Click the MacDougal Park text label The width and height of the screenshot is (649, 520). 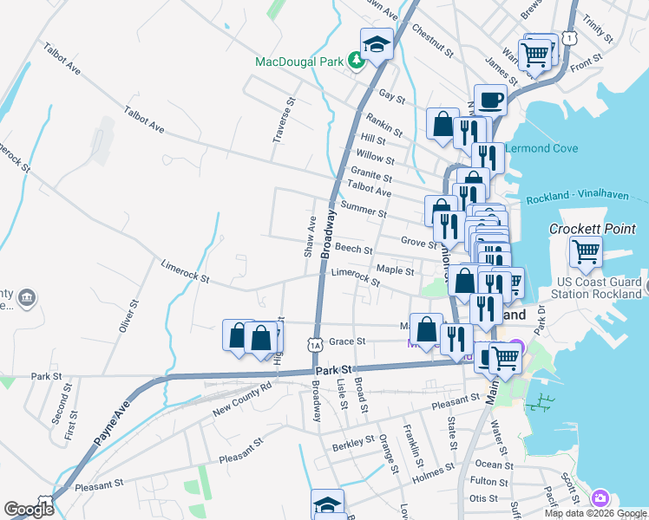point(299,62)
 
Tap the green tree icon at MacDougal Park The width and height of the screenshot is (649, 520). point(355,61)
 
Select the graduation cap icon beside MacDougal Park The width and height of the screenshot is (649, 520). point(377,43)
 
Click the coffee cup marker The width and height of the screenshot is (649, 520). point(490,100)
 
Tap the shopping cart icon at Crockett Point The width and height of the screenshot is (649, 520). point(586,251)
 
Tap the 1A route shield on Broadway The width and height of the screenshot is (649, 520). point(315,346)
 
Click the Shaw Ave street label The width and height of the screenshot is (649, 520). point(309,237)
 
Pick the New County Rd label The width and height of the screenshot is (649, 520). point(242,396)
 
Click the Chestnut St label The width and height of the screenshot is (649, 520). point(433,40)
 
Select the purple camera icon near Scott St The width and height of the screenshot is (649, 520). point(599,498)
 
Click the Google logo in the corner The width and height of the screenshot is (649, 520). point(29,510)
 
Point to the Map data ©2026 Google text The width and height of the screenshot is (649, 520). point(594,513)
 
